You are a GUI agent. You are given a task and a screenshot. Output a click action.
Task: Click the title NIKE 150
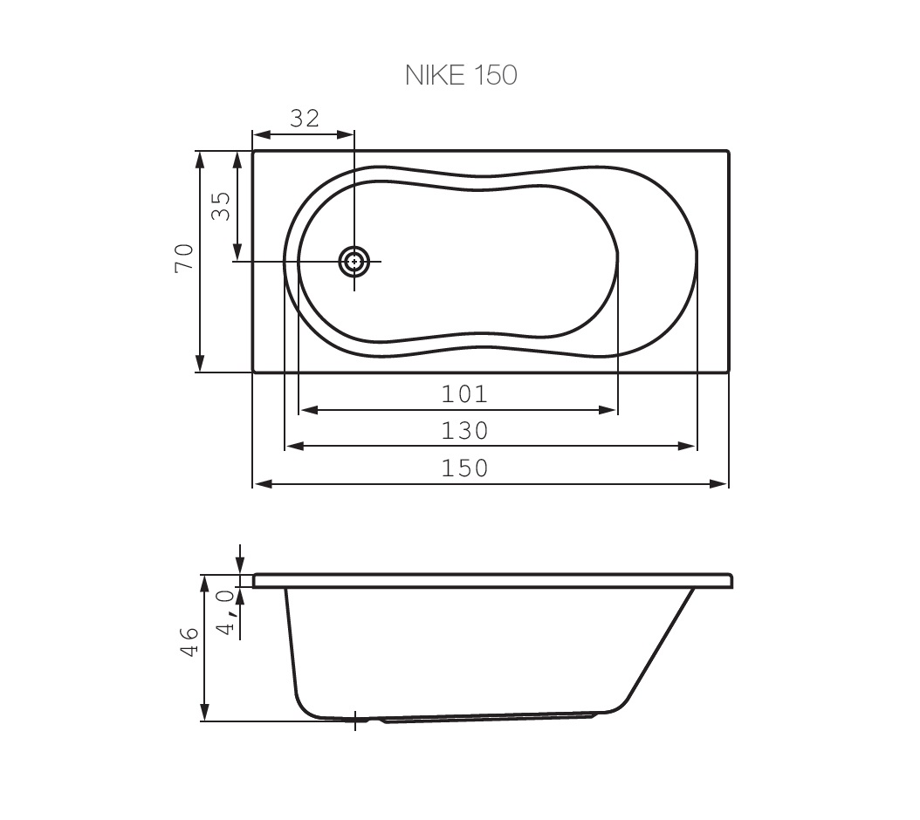click(461, 75)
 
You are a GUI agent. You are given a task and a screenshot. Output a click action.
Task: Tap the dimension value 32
click(306, 119)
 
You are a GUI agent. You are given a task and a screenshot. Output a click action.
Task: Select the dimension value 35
click(221, 206)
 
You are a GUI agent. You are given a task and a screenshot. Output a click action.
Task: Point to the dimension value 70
click(183, 257)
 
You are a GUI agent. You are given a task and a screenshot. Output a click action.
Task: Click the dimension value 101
click(464, 394)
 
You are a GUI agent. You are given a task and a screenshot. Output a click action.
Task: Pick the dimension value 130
click(464, 431)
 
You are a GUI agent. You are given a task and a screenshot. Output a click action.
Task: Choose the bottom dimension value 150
click(464, 468)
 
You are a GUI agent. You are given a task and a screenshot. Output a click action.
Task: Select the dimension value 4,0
click(226, 612)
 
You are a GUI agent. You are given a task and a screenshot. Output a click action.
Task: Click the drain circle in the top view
click(354, 262)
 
